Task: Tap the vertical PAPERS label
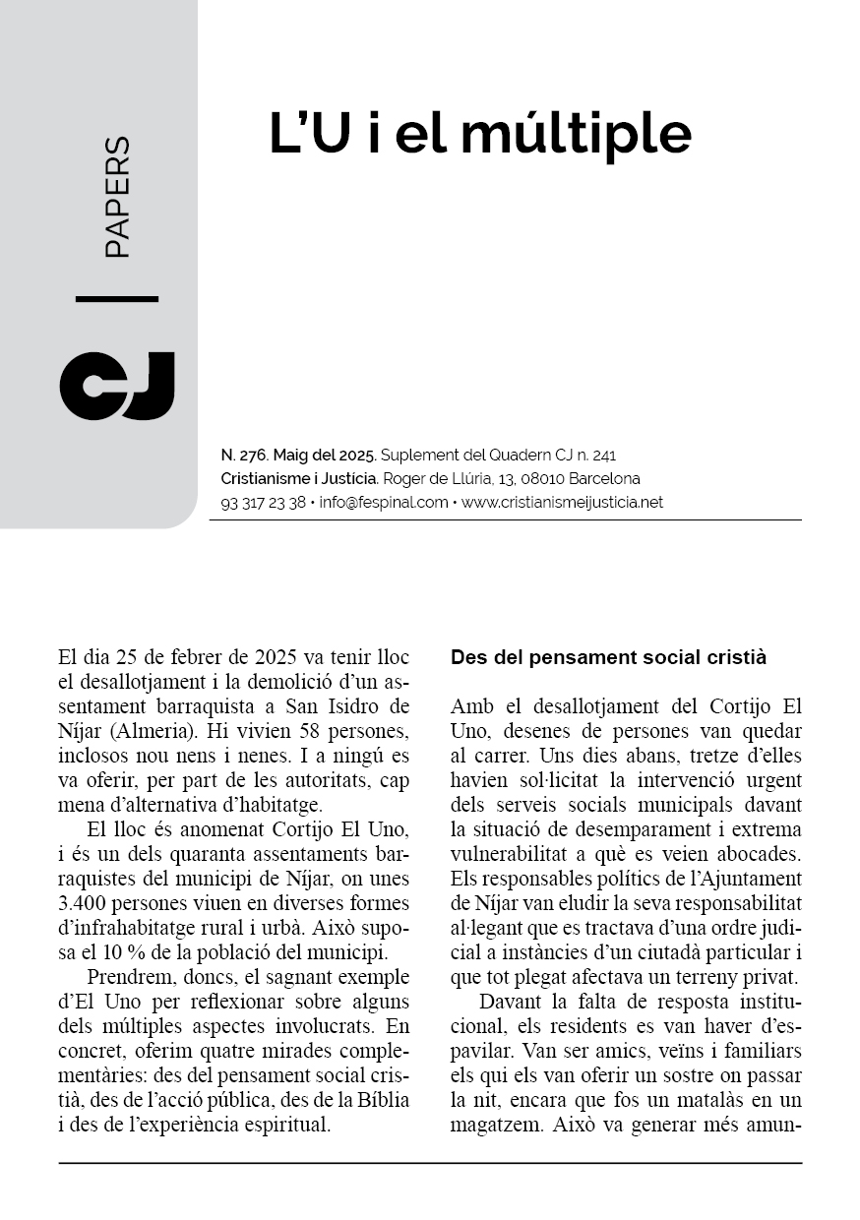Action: [x=117, y=198]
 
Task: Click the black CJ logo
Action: [x=117, y=385]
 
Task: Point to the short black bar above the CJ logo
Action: [x=117, y=298]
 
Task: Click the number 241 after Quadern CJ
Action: [x=604, y=456]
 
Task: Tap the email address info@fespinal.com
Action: [x=384, y=503]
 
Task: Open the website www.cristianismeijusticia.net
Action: [x=562, y=503]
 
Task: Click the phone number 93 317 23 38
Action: [x=263, y=503]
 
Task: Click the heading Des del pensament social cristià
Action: [x=608, y=657]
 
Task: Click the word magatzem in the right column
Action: [x=492, y=1124]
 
